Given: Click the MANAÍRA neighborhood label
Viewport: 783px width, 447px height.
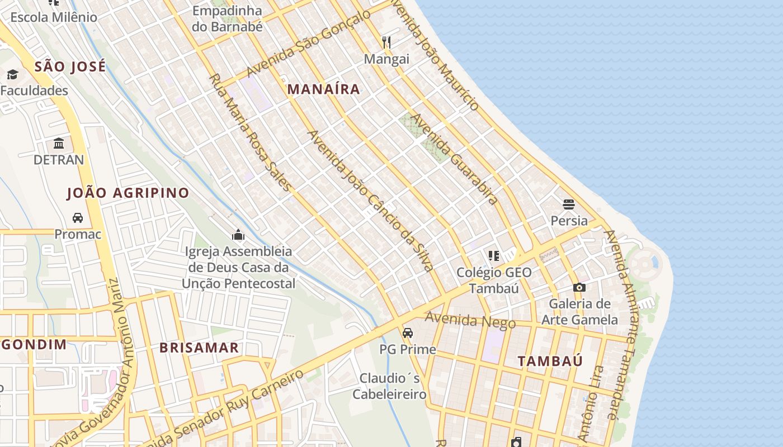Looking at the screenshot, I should [324, 89].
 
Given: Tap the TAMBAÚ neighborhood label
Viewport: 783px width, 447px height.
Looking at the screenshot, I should [550, 361].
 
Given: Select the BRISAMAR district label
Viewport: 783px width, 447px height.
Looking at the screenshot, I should [199, 348].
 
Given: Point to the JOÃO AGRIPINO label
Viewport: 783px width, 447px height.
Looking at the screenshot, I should [128, 193].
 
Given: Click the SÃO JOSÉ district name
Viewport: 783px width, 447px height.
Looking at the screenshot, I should [70, 67].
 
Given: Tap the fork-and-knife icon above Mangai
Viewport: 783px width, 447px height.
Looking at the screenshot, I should [386, 42].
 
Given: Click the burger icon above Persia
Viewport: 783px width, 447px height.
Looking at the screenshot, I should [569, 204].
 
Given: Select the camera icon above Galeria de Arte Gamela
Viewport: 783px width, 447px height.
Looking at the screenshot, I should [579, 287].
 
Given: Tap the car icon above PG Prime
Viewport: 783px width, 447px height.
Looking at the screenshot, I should [408, 332].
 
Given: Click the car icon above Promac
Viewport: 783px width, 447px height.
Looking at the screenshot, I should [78, 217].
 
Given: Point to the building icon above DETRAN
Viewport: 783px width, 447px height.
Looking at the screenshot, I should [59, 143].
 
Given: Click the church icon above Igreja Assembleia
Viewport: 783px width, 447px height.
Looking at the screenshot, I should [238, 235].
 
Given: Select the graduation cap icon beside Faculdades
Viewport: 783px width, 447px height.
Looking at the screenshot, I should [12, 74].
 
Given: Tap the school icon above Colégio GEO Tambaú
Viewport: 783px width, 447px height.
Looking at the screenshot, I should [493, 256].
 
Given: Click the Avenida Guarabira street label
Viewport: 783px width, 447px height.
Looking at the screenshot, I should [454, 159].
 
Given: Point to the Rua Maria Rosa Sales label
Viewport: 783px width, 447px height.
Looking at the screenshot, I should [250, 132].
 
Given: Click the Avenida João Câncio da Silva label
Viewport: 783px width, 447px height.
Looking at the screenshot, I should [371, 201].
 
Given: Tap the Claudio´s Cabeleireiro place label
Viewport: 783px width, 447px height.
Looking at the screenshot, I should [390, 386].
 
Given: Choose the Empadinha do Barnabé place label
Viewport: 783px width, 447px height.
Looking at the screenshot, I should [227, 18].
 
